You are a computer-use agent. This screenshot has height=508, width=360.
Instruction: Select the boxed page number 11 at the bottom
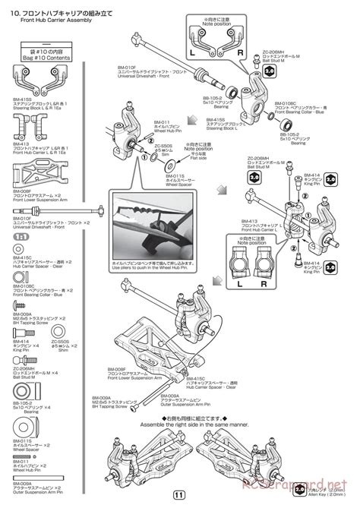180,497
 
